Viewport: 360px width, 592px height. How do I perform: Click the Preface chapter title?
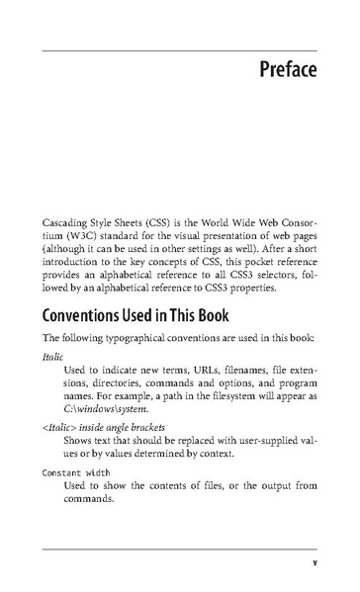[289, 71]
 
